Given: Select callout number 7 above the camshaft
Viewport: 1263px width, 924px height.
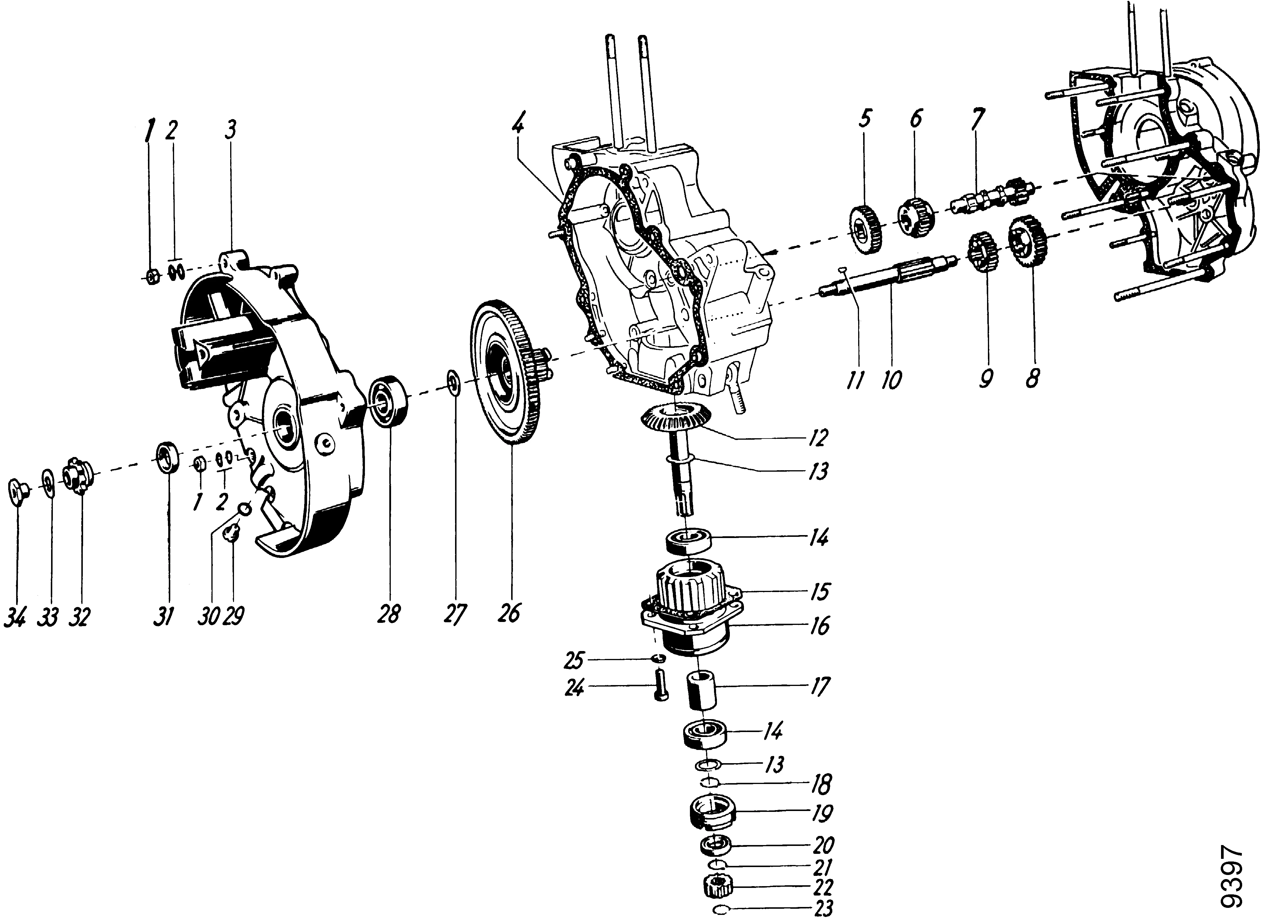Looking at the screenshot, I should pos(977,119).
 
